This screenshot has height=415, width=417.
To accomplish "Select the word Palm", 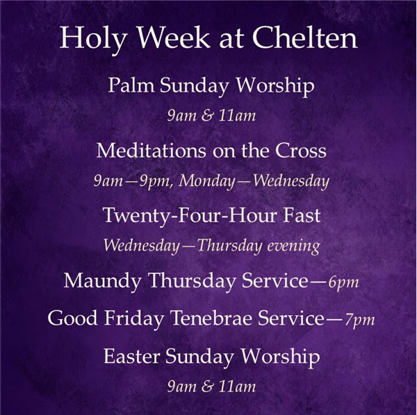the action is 131,85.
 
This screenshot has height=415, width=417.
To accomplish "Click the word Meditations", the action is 151,151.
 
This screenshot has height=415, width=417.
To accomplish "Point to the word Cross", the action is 300,151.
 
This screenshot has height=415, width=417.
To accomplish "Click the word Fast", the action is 302,215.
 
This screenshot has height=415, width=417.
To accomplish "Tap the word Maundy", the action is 102,281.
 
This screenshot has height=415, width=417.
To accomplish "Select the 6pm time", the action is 343,282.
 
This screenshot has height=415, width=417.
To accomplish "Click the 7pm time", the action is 360,321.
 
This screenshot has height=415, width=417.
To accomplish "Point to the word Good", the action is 72,318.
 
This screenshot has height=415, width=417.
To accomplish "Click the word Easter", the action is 131,356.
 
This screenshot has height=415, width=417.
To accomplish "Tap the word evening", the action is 293,246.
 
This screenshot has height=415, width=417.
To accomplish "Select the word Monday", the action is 206,182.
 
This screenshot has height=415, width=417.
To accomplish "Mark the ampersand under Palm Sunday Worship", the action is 207,116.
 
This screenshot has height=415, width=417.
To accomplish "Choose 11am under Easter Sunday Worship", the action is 237,387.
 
